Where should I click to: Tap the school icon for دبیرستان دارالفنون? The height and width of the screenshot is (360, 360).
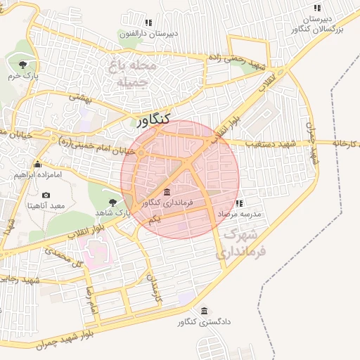click(x=148, y=22)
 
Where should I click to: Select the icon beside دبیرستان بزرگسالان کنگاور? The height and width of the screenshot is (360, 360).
click(x=317, y=8)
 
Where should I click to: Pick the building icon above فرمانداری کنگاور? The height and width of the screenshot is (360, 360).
click(x=166, y=193)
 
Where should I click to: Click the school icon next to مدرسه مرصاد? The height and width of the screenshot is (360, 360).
click(x=240, y=203)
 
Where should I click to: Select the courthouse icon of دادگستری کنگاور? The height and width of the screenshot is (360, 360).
click(x=205, y=311)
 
